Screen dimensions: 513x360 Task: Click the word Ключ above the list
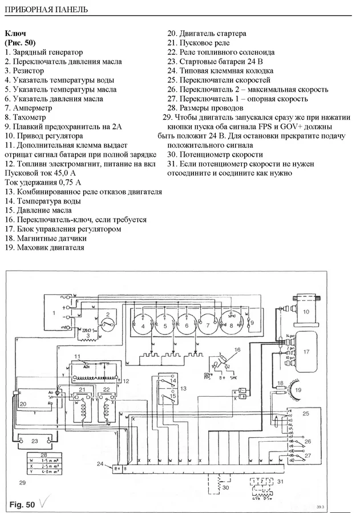(15, 34)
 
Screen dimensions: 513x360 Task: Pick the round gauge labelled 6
(187, 325)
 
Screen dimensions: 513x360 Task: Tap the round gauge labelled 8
(231, 325)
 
